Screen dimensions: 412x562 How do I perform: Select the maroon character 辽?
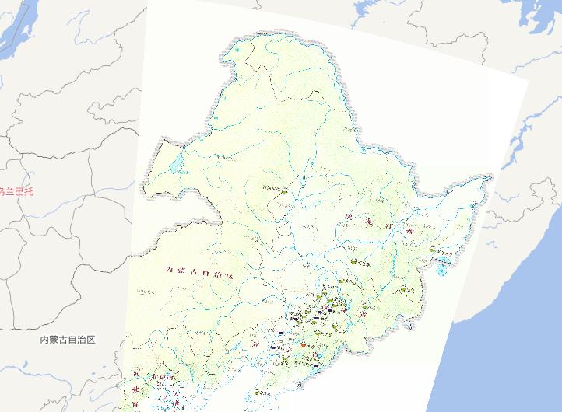255,342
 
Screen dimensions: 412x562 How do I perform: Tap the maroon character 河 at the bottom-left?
135,372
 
